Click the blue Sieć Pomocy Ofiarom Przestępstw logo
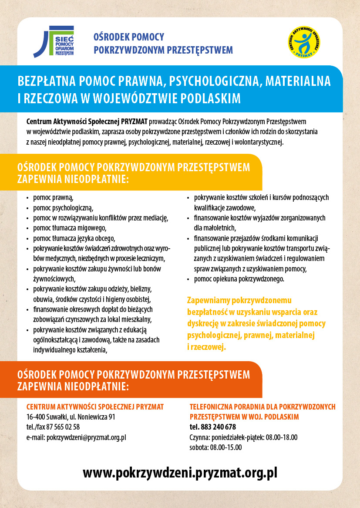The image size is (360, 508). point(54,42)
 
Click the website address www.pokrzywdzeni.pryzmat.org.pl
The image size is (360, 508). point(180,473)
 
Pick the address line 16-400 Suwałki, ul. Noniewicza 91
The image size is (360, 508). point(71,417)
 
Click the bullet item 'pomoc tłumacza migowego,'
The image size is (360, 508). point(70,228)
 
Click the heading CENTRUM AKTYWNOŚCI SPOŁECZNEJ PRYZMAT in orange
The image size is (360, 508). point(95,407)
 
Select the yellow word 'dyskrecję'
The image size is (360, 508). point(205,324)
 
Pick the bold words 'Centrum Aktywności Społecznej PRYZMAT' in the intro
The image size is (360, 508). point(87,120)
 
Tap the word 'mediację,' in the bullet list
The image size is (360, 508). point(155,218)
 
